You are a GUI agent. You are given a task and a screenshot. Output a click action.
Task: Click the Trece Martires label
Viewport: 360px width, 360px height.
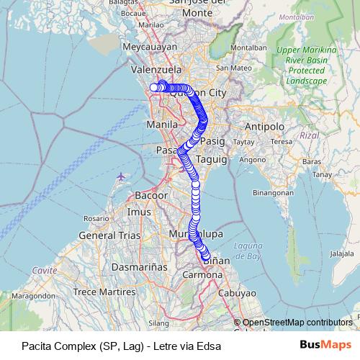click(105, 292)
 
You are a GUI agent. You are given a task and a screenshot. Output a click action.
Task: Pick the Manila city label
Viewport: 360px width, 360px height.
click(161, 125)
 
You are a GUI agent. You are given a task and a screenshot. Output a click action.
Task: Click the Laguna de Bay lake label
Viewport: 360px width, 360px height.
click(247, 251)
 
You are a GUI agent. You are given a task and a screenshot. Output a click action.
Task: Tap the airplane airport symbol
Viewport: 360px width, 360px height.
click(120, 177)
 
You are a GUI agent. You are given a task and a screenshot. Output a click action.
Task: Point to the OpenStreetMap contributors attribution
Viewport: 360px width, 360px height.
click(297, 323)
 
